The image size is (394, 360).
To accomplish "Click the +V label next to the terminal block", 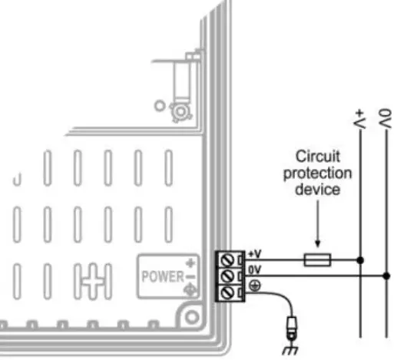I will click(x=255, y=254).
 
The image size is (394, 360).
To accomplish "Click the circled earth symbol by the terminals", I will click(x=254, y=285).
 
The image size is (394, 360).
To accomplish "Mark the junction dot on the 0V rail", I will click(x=386, y=276).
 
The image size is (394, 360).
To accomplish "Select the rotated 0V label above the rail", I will click(x=386, y=120).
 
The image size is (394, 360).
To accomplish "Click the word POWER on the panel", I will click(x=161, y=276).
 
